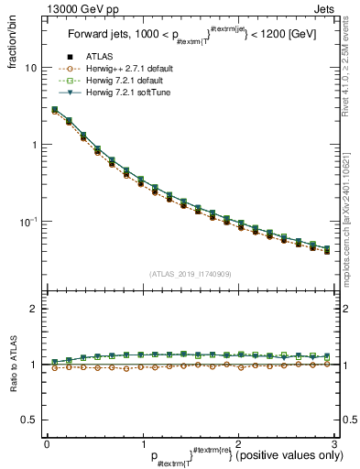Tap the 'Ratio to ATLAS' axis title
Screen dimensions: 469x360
(x=13, y=365)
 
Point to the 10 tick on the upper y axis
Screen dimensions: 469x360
(x=29, y=69)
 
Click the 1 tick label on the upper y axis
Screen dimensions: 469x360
(x=33, y=145)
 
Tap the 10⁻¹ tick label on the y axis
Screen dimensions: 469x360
(x=27, y=221)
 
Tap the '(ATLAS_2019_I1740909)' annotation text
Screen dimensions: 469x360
(x=189, y=274)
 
